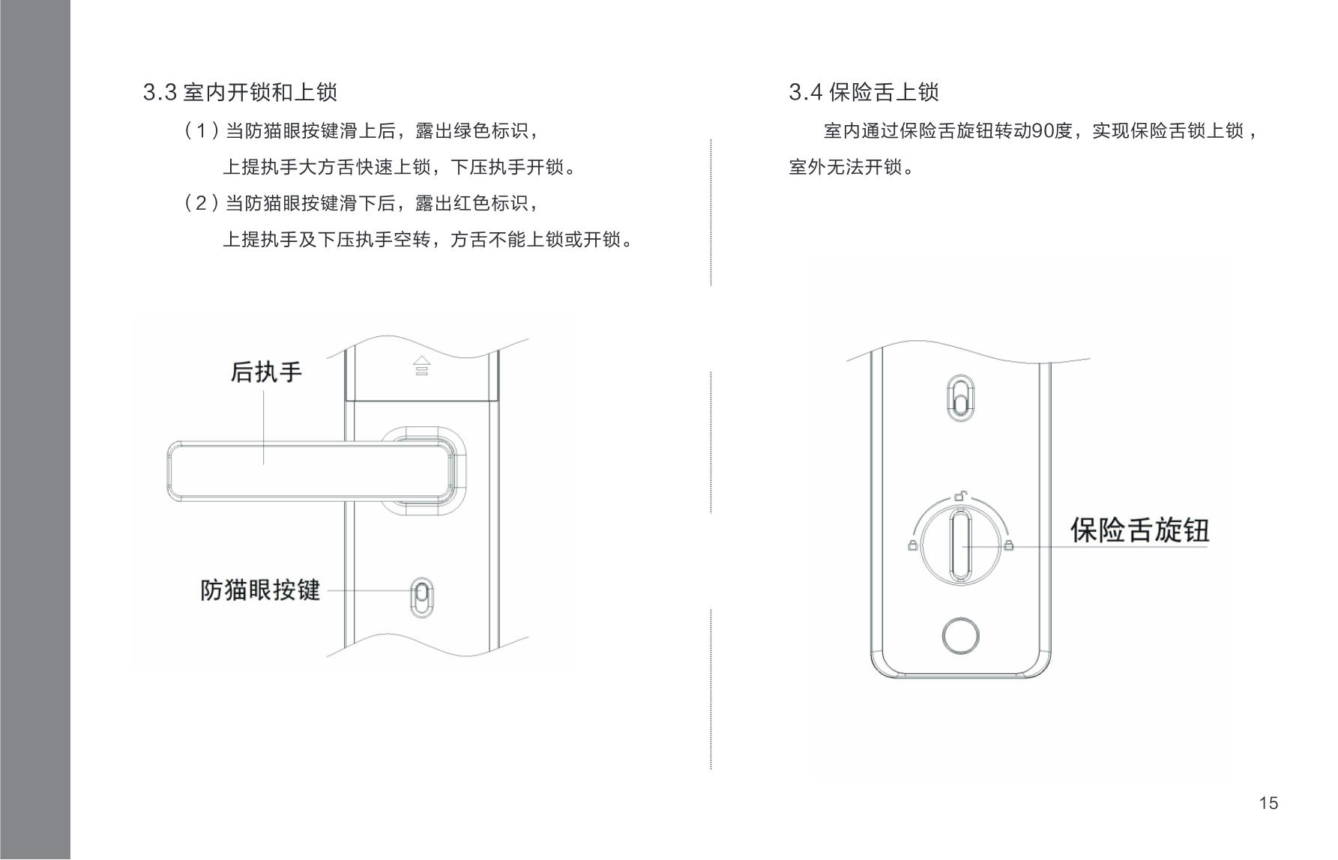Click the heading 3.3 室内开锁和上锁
(240, 92)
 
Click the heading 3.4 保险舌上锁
(864, 92)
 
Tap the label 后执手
(266, 372)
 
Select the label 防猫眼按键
(260, 590)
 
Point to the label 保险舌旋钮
(1139, 530)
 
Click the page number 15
(1268, 803)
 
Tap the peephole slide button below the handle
(422, 597)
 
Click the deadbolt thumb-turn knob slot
(960, 545)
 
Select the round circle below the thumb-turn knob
(960, 637)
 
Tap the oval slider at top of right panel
(960, 397)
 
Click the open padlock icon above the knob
(960, 495)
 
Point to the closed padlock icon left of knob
(912, 545)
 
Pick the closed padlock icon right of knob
(1008, 545)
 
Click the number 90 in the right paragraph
(1043, 131)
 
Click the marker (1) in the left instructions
(201, 131)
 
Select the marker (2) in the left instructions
(201, 203)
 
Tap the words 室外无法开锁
(845, 167)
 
